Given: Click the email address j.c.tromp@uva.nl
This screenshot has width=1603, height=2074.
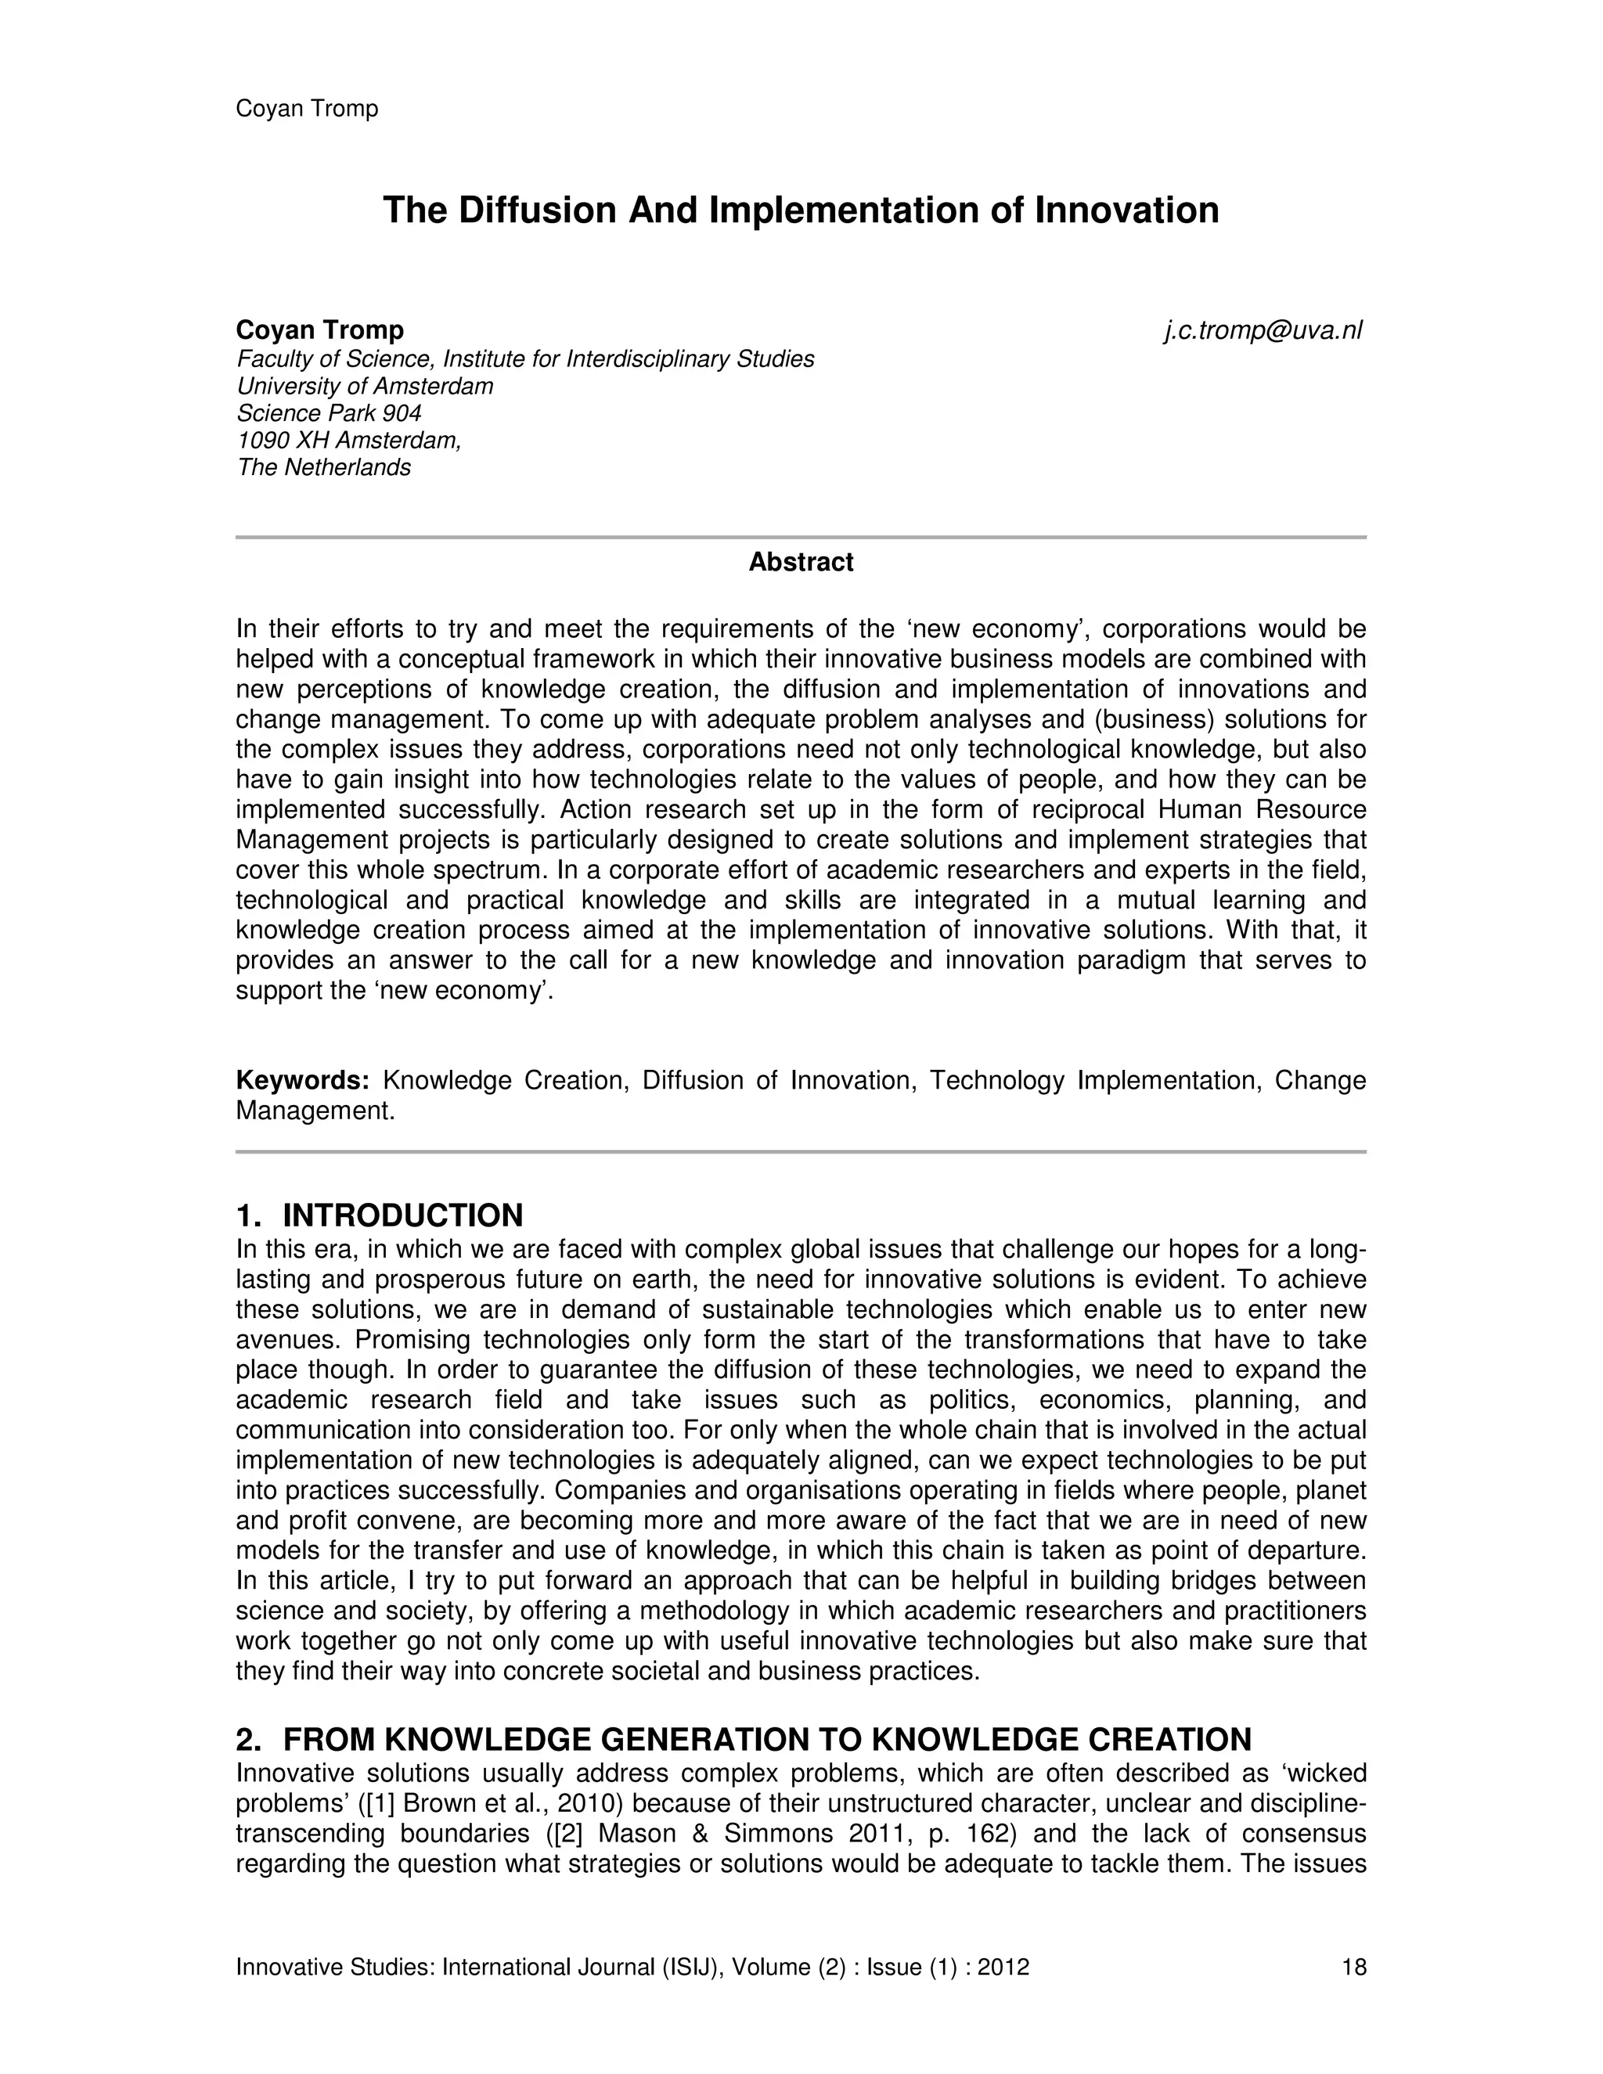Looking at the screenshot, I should (x=1263, y=330).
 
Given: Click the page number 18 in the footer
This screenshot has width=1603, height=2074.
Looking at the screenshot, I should (x=1353, y=1967).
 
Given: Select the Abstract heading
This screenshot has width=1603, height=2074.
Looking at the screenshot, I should (x=801, y=562).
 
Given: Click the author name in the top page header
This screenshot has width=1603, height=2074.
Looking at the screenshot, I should (x=307, y=108).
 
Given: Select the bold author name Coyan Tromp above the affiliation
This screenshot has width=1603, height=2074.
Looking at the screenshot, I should (x=319, y=330).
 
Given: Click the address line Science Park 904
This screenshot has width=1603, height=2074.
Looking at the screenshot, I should (x=329, y=413).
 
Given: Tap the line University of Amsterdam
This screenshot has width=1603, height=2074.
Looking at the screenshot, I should (x=365, y=387).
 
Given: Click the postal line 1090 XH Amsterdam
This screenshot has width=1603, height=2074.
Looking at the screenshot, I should (x=348, y=441).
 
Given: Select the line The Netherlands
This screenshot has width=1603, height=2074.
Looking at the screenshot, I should (x=324, y=467).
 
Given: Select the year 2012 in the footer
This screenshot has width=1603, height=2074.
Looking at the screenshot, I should (x=1002, y=1967).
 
